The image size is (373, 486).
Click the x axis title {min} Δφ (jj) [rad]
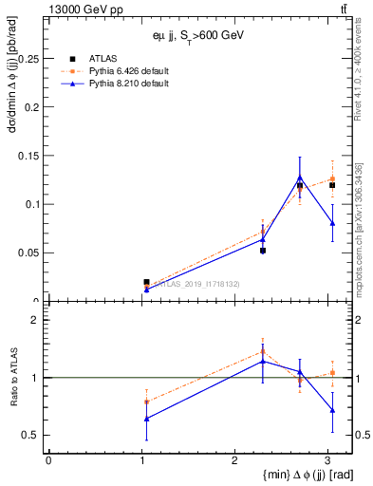click(x=294, y=474)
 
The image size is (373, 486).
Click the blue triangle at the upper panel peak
click(x=300, y=178)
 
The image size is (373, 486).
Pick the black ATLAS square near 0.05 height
click(x=263, y=251)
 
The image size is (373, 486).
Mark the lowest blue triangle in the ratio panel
click(x=146, y=419)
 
